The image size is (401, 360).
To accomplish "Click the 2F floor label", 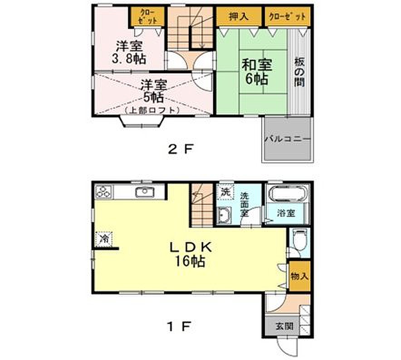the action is (180, 149).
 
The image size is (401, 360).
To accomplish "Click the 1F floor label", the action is (179, 326).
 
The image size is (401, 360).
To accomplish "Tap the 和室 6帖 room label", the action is (257, 72).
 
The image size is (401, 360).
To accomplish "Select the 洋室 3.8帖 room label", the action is (129, 53).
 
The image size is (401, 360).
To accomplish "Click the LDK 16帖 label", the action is (191, 254).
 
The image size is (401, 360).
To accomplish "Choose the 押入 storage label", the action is (238, 16).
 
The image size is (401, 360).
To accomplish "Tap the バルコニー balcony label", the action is (287, 139).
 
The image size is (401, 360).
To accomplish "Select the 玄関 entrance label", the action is (284, 326).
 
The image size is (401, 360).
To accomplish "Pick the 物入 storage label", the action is (299, 276).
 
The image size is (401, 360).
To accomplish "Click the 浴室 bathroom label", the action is (286, 213).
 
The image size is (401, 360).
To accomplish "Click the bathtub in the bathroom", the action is (288, 193).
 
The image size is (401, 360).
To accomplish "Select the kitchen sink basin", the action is (145, 192).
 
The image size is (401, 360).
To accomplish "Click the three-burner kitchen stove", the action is (104, 191).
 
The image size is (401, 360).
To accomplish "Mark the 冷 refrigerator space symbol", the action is (104, 239).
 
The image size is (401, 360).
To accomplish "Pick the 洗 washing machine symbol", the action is (225, 191).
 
